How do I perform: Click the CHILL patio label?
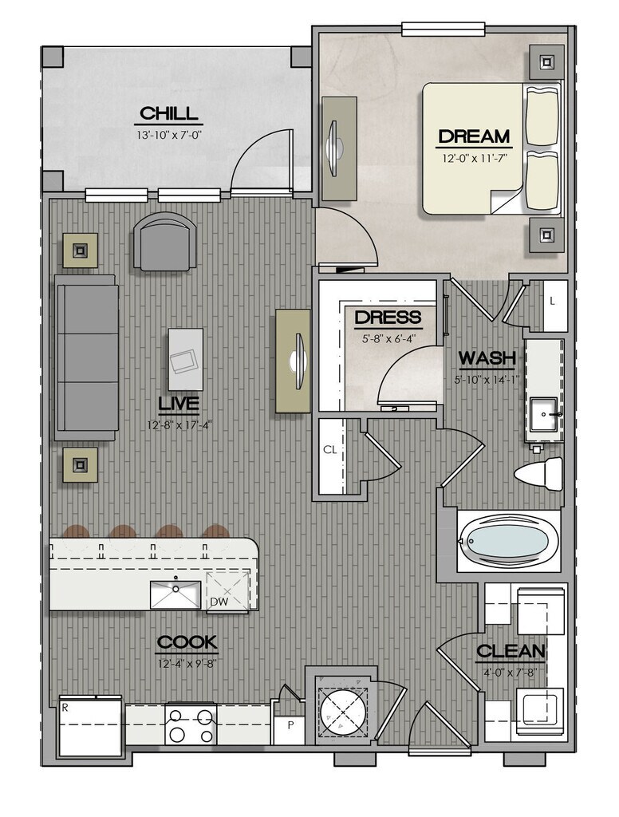[169, 113]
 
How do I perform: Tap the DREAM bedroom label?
[474, 136]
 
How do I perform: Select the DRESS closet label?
[388, 317]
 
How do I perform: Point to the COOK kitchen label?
[187, 642]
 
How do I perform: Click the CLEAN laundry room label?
[511, 651]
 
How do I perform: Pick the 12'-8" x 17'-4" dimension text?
[179, 426]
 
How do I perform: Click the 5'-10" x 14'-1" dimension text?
[487, 380]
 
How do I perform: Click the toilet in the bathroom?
[538, 474]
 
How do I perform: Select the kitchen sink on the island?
[175, 594]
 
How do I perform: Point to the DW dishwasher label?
[219, 602]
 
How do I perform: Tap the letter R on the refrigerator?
[65, 708]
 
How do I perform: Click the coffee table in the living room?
[186, 358]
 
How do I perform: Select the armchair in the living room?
[164, 241]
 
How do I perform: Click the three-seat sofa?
[86, 358]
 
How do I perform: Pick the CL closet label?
[329, 450]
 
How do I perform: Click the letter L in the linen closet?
[552, 301]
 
